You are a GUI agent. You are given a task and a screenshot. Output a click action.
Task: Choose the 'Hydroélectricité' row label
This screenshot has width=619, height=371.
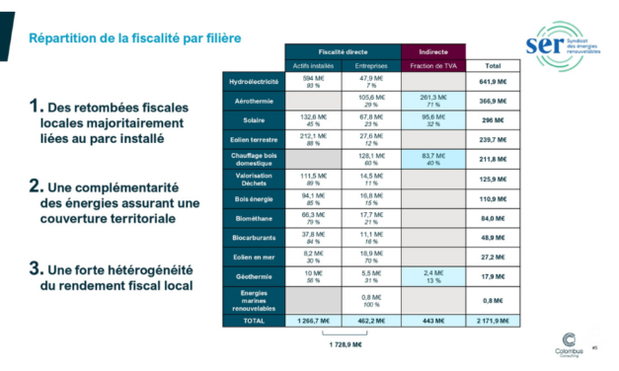[x=254, y=82]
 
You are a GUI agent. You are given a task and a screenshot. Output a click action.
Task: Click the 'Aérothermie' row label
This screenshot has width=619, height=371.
[x=254, y=102]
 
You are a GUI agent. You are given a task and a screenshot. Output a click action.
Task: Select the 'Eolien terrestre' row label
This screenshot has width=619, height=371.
[x=254, y=140]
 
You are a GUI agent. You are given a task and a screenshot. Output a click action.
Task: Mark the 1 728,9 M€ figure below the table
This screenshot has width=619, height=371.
[x=343, y=346]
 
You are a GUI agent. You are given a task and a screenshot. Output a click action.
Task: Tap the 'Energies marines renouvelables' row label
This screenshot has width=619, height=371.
[x=254, y=301]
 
